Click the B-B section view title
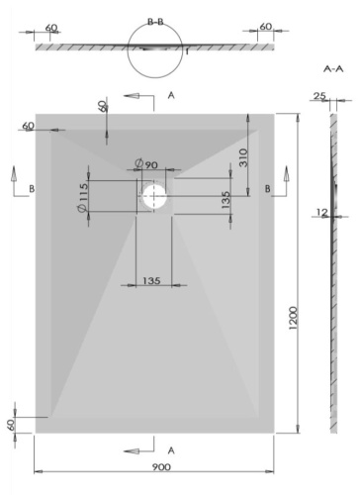point(155,20)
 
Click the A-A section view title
point(333,69)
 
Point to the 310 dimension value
point(242,156)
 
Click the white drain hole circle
point(155,195)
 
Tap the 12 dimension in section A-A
point(321,212)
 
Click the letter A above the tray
point(171,95)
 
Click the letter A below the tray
point(171,450)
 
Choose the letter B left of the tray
point(33,187)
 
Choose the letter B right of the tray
point(267,187)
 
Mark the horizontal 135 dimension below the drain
point(149,281)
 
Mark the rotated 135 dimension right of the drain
point(226,201)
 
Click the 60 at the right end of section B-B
point(265,27)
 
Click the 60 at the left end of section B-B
point(51,27)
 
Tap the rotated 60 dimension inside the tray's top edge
point(102,106)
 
